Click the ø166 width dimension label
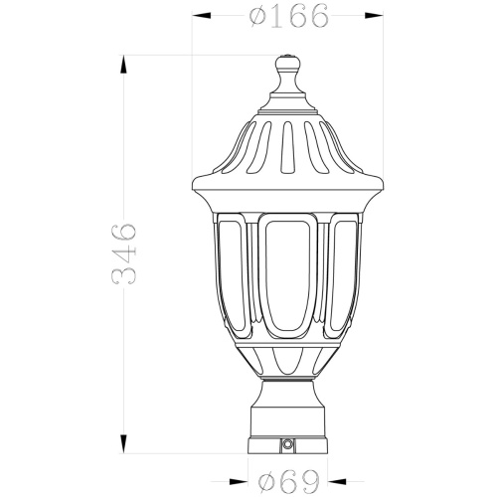289,15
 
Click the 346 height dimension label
123,254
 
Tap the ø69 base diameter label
289,481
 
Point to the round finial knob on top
288,63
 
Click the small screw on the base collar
286,442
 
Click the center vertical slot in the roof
287,147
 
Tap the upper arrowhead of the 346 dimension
123,65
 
